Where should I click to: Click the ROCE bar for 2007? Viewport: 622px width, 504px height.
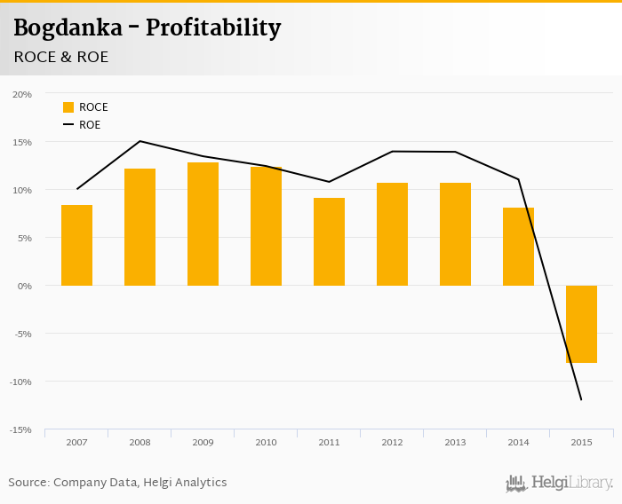tap(76, 245)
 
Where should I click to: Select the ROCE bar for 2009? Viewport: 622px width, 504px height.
tap(203, 224)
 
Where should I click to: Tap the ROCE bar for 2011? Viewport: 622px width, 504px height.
tap(329, 241)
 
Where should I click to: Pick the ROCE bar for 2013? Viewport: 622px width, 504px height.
tap(455, 234)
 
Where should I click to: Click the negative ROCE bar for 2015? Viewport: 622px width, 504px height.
tap(581, 324)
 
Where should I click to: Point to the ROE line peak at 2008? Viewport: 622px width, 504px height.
tap(140, 141)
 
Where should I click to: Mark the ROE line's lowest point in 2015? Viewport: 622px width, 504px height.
tap(581, 399)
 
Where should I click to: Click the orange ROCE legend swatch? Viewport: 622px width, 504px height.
tap(68, 107)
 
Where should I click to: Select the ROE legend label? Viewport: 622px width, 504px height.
tap(90, 125)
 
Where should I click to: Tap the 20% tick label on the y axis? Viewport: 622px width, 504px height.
tap(22, 94)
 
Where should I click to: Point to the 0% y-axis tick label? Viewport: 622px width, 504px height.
tap(25, 286)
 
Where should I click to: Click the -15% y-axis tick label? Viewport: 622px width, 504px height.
tap(21, 429)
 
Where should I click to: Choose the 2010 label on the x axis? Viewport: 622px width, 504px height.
tap(266, 441)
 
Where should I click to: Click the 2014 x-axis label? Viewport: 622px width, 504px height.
tap(518, 441)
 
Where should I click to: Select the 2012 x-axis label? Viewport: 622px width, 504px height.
tap(392, 441)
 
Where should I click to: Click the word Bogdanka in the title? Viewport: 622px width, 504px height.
tap(68, 28)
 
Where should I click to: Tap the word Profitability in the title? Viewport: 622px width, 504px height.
tap(213, 28)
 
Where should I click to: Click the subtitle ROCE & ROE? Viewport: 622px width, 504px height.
tap(61, 57)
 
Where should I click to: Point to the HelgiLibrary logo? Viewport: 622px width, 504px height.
tap(560, 483)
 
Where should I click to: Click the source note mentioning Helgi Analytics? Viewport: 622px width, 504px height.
tap(117, 483)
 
